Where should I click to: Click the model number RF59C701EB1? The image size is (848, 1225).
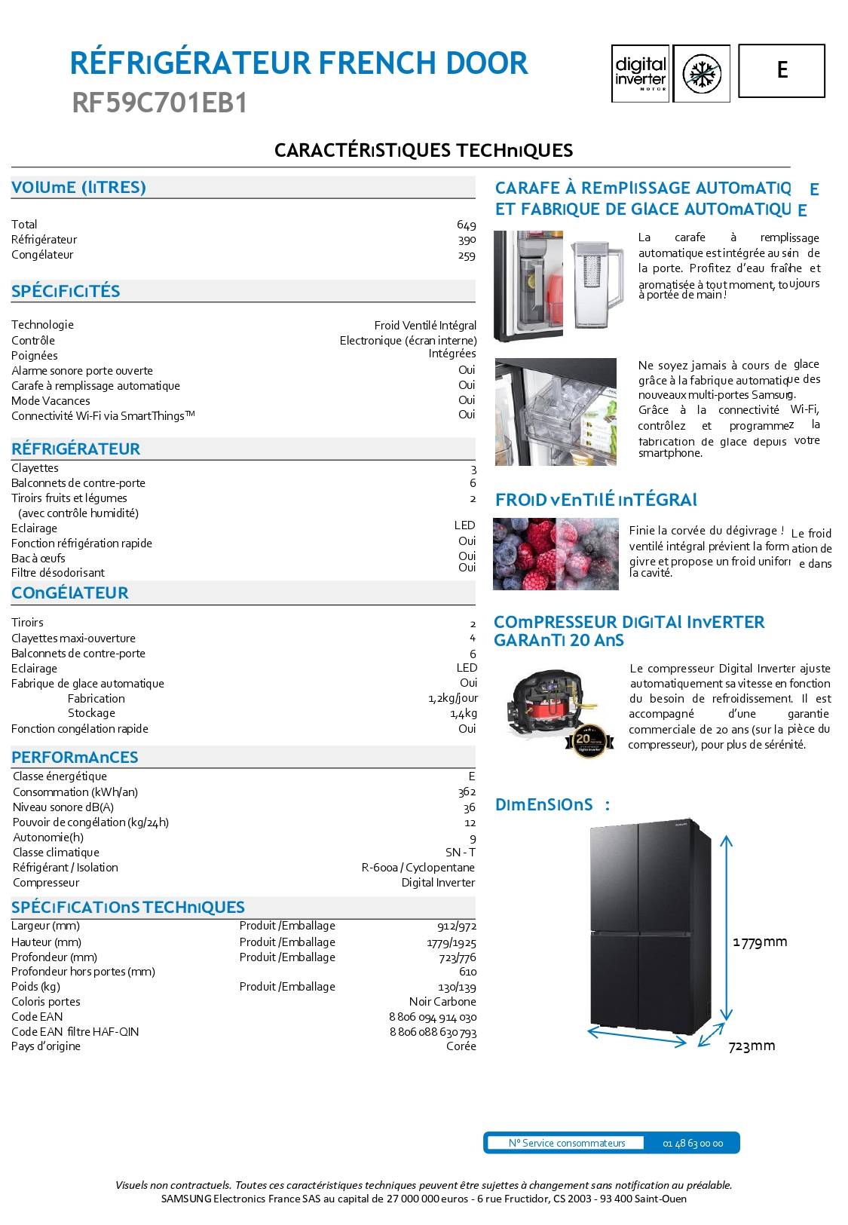coord(160,103)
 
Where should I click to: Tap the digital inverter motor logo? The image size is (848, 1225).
coord(640,73)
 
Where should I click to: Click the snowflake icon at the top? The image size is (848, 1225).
coord(701,73)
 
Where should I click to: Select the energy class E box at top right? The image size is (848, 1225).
coord(782,70)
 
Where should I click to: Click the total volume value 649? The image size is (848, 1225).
coord(466,225)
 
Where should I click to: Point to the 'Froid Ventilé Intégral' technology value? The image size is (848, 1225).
coord(425,326)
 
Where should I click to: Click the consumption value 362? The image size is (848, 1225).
coord(467,792)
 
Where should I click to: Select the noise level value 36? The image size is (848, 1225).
coord(470,807)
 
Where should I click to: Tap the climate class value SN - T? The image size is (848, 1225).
coord(461,853)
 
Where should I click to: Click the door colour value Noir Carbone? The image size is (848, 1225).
coord(442,1002)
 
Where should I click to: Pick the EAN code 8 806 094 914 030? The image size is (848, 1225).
coord(433,1017)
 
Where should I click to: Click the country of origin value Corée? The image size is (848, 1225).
coord(461,1046)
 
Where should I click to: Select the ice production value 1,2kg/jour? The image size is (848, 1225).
coord(452,699)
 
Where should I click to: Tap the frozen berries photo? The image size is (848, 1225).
coord(556,554)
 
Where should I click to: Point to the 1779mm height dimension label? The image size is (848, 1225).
coord(760,942)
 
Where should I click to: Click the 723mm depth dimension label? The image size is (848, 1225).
coord(752,1046)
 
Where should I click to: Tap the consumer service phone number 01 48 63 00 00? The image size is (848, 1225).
coord(693,1144)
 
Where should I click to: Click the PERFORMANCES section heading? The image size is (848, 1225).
coord(75,757)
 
